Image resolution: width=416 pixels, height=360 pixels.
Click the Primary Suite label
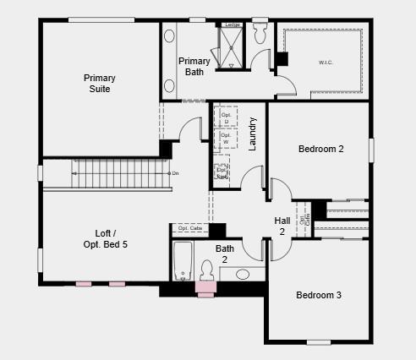click(x=99, y=83)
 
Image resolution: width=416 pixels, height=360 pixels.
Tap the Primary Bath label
click(x=194, y=66)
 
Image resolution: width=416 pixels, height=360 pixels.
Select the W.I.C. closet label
click(x=326, y=62)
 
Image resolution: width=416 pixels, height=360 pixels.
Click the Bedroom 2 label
click(x=320, y=150)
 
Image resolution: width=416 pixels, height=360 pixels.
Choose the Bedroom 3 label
click(x=318, y=295)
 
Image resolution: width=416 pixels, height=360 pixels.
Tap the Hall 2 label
click(x=282, y=226)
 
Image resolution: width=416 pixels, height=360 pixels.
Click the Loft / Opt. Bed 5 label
click(x=112, y=238)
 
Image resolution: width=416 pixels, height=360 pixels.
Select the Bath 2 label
click(x=225, y=254)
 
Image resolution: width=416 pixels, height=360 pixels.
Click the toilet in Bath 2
click(x=205, y=271)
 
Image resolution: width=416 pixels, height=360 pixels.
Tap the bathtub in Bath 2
click(x=183, y=261)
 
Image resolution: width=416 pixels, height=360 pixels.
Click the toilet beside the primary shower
click(x=260, y=35)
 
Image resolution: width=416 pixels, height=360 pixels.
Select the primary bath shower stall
click(x=230, y=47)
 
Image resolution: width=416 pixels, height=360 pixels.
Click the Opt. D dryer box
click(x=225, y=117)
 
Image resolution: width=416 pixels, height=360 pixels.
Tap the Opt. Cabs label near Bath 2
click(x=190, y=228)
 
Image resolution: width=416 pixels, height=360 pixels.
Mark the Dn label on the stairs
click(x=174, y=173)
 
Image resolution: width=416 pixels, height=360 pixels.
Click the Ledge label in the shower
click(x=233, y=25)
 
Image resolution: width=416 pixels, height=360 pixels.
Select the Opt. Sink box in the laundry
click(x=222, y=172)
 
